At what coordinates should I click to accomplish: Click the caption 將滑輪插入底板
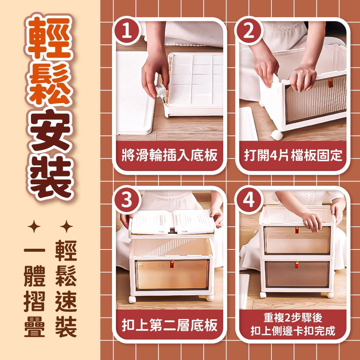point(170,156)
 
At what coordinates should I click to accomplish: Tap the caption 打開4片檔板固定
point(293,156)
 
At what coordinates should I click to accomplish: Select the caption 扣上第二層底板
point(170,325)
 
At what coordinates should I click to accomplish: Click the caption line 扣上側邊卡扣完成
point(293,331)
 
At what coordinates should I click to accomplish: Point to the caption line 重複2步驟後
point(293,318)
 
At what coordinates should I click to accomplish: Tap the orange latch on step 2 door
point(330,83)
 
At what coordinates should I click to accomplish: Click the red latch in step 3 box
point(172,264)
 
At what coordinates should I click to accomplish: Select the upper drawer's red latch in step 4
point(297,230)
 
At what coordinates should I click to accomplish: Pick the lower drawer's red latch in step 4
point(297,265)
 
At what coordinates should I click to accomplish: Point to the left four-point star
point(34,226)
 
